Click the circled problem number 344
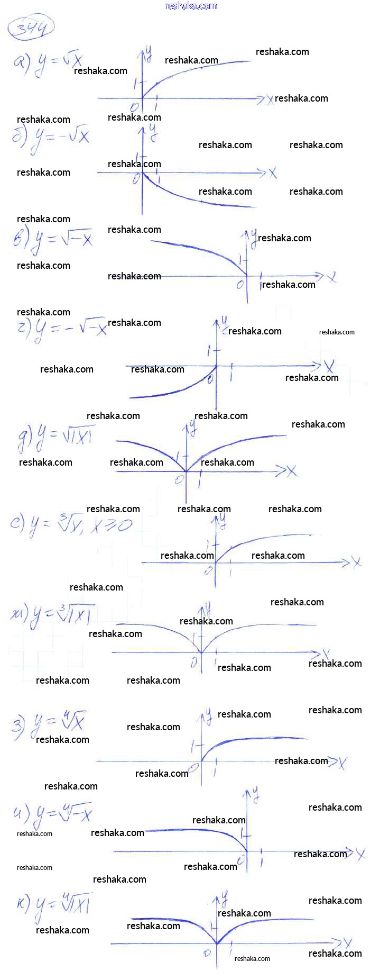point(31,28)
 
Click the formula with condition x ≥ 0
point(71,525)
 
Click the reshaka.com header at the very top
point(190,6)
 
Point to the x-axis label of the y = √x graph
point(270,99)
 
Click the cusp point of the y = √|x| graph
point(186,471)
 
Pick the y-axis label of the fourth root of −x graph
point(255,794)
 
